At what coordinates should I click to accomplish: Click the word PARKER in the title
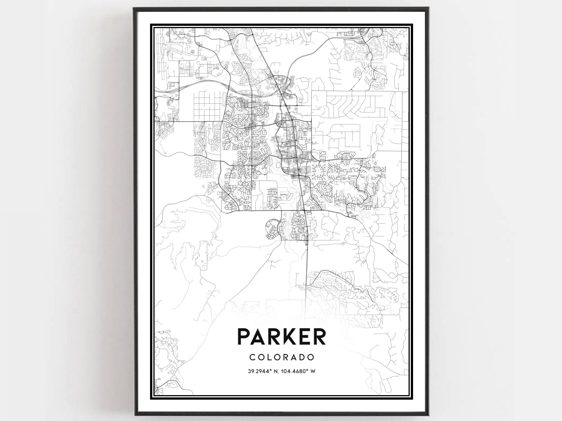point(282,336)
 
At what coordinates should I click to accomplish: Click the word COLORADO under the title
point(282,357)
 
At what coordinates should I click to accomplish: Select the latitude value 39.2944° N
point(263,371)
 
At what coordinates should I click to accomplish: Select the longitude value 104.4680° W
point(299,371)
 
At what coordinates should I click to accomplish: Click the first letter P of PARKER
point(244,336)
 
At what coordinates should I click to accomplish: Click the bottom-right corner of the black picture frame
point(427,415)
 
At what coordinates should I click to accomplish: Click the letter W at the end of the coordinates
point(313,371)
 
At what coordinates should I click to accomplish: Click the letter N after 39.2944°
point(277,371)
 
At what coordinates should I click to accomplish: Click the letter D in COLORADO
point(302,357)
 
